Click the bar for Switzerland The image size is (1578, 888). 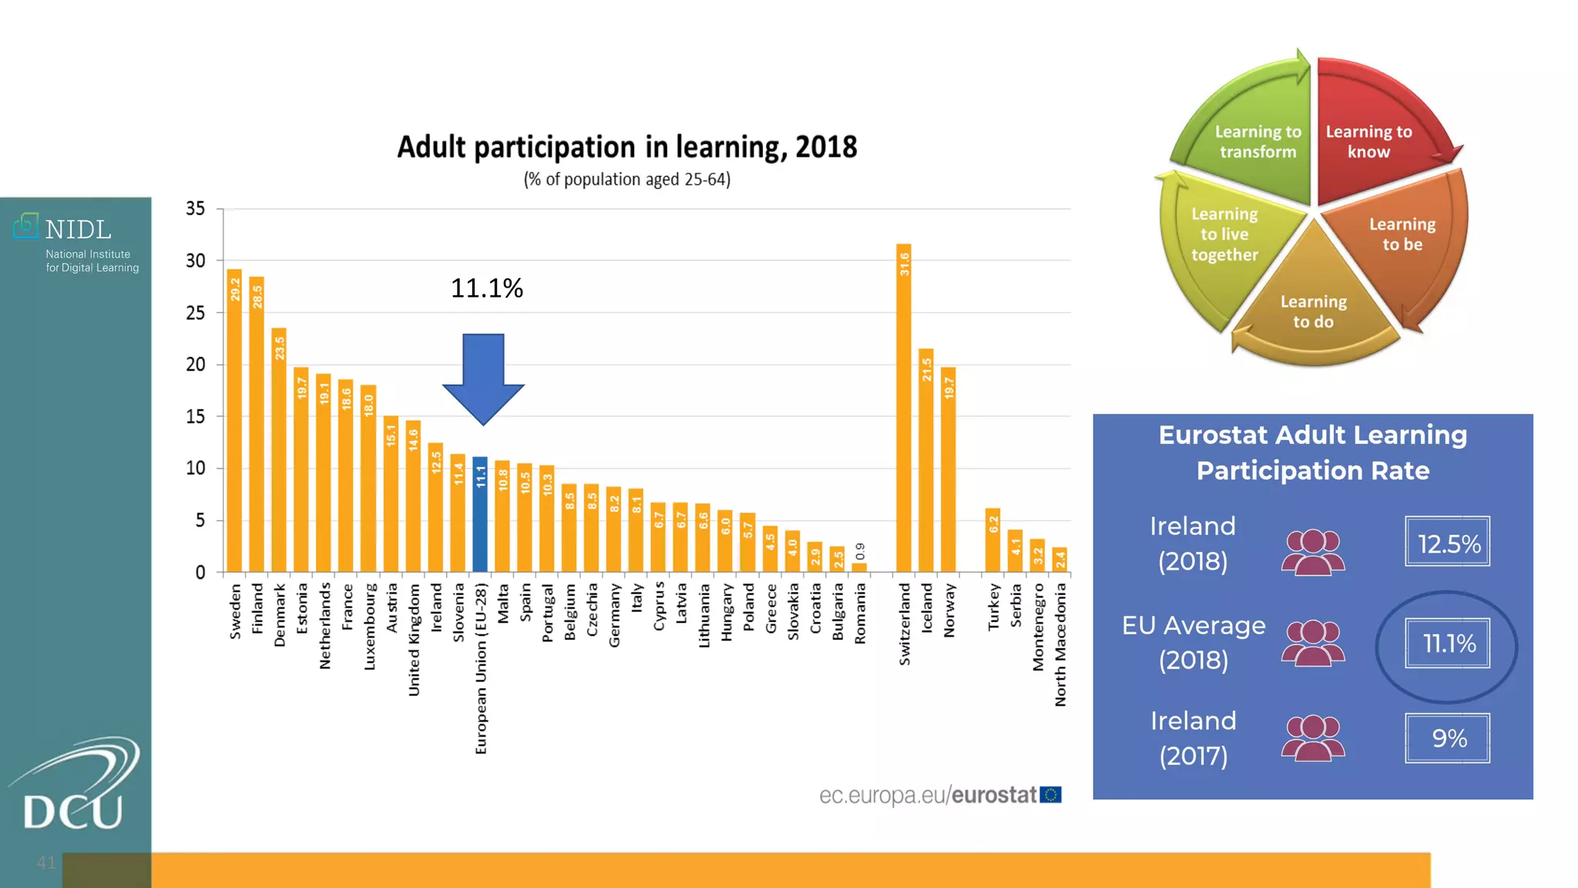[x=904, y=409]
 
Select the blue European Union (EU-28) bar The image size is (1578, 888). [x=480, y=514]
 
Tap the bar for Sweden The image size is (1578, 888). [x=234, y=421]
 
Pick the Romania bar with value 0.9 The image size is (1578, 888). [x=860, y=567]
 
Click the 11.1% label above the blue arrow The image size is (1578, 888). [x=486, y=288]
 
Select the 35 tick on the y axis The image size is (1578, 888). [x=196, y=209]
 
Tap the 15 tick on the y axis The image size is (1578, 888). [x=196, y=416]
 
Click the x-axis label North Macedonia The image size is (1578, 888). [x=1061, y=644]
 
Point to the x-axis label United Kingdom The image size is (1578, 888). [x=414, y=640]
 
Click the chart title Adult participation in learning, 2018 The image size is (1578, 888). [x=626, y=146]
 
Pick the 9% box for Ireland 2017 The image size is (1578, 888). [x=1447, y=738]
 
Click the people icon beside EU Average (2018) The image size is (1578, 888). [x=1313, y=643]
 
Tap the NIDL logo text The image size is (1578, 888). [x=78, y=230]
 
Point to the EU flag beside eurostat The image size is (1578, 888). [x=1051, y=795]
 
